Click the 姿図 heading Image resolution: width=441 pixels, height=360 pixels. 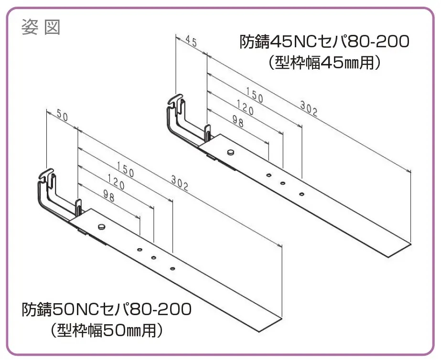pyautogui.click(x=41, y=27)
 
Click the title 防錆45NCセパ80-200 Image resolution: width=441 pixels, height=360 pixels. pyautogui.click(x=324, y=42)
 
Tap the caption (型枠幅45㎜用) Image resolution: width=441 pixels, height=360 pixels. pyautogui.click(x=324, y=63)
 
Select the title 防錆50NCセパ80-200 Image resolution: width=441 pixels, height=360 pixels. pyautogui.click(x=107, y=309)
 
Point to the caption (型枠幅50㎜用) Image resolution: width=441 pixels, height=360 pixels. pyautogui.click(x=107, y=330)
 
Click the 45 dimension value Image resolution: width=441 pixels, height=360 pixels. pyautogui.click(x=191, y=42)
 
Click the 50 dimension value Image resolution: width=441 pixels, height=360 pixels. pyautogui.click(x=63, y=115)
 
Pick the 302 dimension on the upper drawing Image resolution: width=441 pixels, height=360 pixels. pyautogui.click(x=309, y=108)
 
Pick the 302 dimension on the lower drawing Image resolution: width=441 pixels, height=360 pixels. pyautogui.click(x=180, y=183)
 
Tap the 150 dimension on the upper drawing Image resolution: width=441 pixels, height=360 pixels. pyautogui.click(x=255, y=95)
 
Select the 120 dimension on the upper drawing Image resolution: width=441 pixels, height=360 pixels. pyautogui.click(x=245, y=107)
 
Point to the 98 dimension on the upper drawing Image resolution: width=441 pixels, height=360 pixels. pyautogui.click(x=238, y=121)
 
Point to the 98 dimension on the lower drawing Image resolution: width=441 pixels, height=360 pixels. pyautogui.click(x=109, y=196)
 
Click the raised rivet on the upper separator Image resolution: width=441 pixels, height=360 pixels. pyautogui.click(x=230, y=152)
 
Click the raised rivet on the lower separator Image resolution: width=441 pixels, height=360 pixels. pyautogui.click(x=101, y=226)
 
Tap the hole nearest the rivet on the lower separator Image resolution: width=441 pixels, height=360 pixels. pyautogui.click(x=139, y=250)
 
